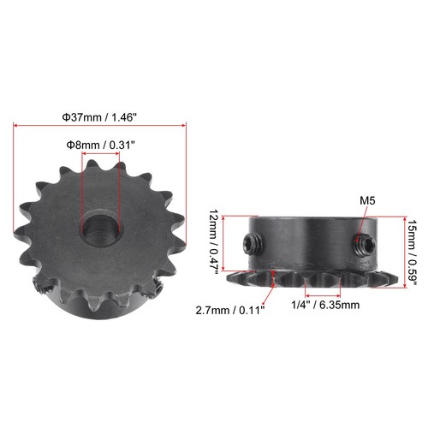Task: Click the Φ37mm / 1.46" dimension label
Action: (x=101, y=115)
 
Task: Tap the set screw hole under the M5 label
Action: (x=363, y=243)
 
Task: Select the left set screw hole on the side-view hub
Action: (x=251, y=244)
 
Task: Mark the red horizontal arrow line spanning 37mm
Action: (x=101, y=126)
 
